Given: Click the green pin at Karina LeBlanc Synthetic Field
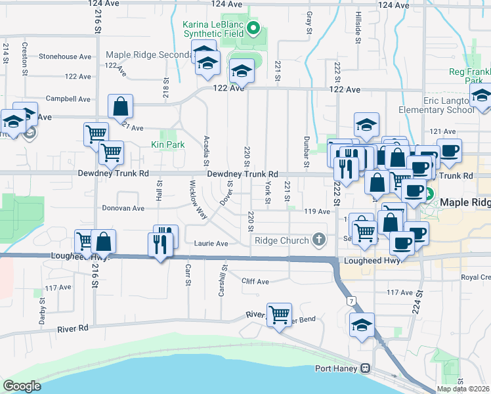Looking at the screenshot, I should pos(257,28).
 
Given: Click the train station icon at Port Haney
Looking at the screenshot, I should pos(364,368).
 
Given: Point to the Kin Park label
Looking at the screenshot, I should pos(167,144).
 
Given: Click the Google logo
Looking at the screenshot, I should pos(22,386).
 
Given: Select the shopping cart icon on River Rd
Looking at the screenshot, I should pos(279,315).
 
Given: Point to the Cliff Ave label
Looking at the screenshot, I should pos(255,282).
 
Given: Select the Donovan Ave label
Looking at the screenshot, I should pos(123,208).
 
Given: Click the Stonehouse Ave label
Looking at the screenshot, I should pos(65,57).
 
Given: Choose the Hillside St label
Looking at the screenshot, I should pos(358,27).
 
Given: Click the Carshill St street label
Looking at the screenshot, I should pos(223,280).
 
